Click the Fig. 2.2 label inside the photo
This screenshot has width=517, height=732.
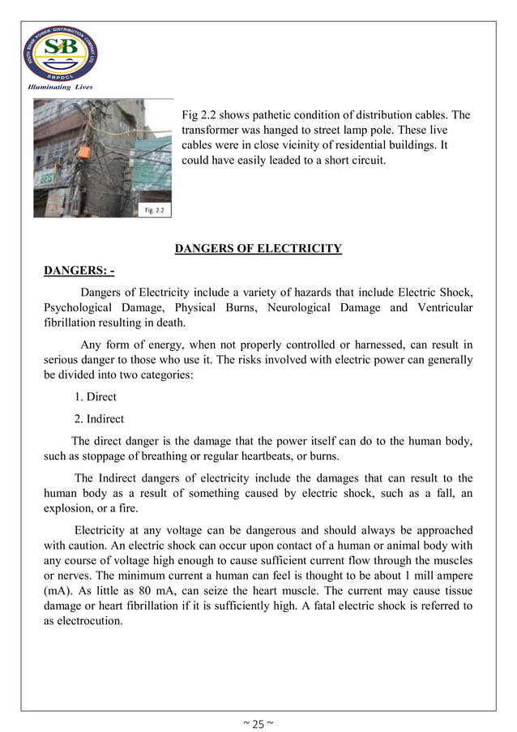pyautogui.click(x=153, y=210)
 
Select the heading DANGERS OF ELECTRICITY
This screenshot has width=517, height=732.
pyautogui.click(x=258, y=249)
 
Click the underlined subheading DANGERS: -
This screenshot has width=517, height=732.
pyautogui.click(x=79, y=270)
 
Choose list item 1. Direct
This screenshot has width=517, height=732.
pyautogui.click(x=95, y=397)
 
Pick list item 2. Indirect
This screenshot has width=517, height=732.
pyautogui.click(x=100, y=419)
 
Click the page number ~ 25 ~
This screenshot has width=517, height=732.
pyautogui.click(x=258, y=723)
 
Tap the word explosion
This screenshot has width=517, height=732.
pyautogui.click(x=73, y=509)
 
